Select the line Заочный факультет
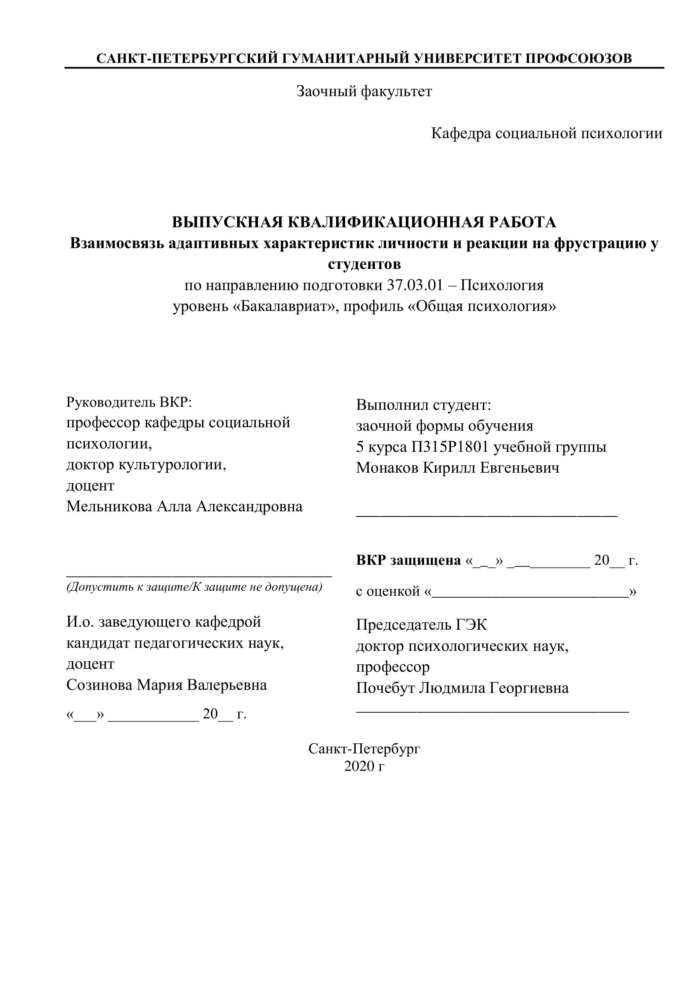tap(364, 91)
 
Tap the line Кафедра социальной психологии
tap(547, 133)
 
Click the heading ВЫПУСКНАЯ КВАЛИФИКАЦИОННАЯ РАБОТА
tap(364, 222)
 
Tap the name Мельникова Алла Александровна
tap(184, 507)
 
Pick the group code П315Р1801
tap(450, 447)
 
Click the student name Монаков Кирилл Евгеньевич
tap(457, 468)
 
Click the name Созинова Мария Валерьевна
tap(166, 685)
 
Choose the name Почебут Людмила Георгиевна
tap(462, 688)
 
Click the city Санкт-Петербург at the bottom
tap(364, 748)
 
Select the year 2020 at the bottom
tap(359, 766)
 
